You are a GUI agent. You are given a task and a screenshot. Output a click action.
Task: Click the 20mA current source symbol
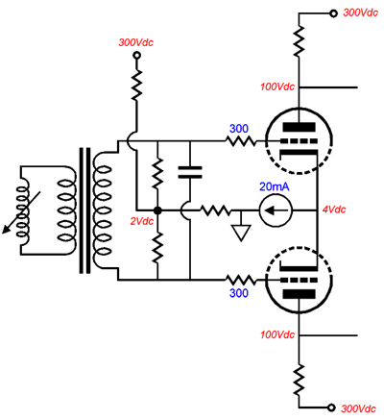276,210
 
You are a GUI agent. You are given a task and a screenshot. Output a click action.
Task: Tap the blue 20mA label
275,186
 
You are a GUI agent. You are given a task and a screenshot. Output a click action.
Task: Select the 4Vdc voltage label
334,210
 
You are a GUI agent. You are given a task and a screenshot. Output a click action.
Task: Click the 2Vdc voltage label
142,221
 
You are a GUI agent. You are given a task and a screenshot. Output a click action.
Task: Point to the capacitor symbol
190,172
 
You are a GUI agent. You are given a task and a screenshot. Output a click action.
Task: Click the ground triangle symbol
241,233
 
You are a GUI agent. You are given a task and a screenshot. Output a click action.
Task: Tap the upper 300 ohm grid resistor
241,141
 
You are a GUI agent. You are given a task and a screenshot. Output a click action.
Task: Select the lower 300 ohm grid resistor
241,280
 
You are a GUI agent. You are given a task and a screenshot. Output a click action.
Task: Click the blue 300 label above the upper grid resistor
239,129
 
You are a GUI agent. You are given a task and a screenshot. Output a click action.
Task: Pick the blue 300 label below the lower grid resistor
239,293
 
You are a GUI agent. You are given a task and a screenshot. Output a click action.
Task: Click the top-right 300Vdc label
360,12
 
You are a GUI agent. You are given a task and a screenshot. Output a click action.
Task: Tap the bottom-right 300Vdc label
358,408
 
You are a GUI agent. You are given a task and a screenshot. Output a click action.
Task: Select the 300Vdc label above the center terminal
135,42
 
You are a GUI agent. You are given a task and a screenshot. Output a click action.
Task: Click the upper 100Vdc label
277,86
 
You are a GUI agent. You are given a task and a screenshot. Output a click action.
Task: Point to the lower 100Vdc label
277,335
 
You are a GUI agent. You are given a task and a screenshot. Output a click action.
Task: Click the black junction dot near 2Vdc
157,210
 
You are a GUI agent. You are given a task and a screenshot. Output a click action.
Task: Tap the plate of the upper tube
299,127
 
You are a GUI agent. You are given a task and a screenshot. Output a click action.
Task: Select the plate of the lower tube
299,294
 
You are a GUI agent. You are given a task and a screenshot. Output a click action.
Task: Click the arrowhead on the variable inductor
6,230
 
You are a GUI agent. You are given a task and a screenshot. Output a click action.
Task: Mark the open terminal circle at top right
333,13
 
